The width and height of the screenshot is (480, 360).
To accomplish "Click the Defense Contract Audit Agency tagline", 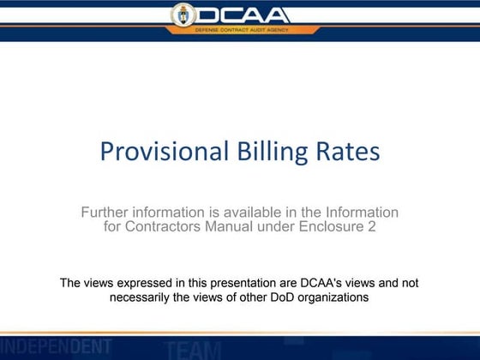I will pos(241,30).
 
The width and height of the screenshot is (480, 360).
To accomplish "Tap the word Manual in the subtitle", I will pos(243,227).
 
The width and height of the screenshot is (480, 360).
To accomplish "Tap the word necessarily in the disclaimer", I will pos(145,297).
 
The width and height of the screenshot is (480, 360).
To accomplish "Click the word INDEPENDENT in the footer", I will pos(56,346).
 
